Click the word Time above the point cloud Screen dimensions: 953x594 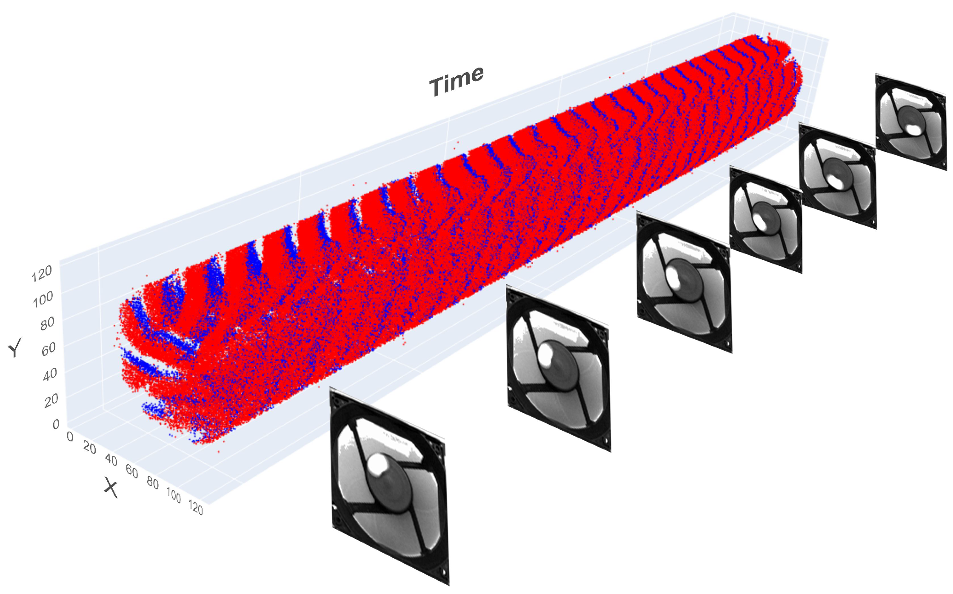click(457, 81)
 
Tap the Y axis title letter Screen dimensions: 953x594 click(15, 348)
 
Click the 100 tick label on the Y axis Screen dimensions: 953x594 click(43, 299)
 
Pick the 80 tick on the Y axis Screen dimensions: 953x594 click(47, 324)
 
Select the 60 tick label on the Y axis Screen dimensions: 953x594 click(49, 349)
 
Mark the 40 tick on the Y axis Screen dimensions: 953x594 click(50, 374)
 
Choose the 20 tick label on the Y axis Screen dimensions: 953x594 click(51, 400)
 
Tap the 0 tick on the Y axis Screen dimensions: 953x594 click(56, 424)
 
